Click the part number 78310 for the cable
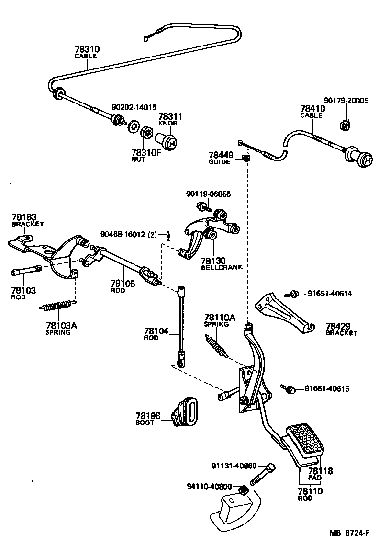tap(87, 49)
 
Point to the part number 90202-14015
tap(134, 108)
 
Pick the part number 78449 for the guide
tap(221, 155)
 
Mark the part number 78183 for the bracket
tap(24, 217)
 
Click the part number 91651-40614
tap(329, 294)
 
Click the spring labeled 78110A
tap(217, 346)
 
